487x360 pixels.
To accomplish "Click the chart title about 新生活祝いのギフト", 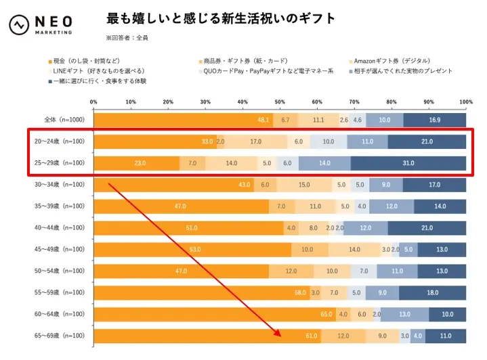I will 221,19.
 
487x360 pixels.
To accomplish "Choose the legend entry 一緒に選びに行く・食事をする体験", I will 98,81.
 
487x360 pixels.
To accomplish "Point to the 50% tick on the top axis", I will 280,102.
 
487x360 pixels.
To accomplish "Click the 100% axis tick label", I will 465,102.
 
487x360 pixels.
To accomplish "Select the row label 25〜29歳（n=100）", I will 60,163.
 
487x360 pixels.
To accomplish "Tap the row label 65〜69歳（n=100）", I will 60,336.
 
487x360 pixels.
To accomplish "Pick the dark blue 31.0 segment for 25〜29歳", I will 408,163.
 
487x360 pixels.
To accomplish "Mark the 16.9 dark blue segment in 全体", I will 434,120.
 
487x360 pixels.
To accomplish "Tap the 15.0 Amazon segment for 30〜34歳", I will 305,185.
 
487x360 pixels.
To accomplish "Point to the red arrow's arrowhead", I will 277,334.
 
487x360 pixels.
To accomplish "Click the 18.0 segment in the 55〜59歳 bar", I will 432,292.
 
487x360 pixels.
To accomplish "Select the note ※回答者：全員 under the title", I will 127,38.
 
